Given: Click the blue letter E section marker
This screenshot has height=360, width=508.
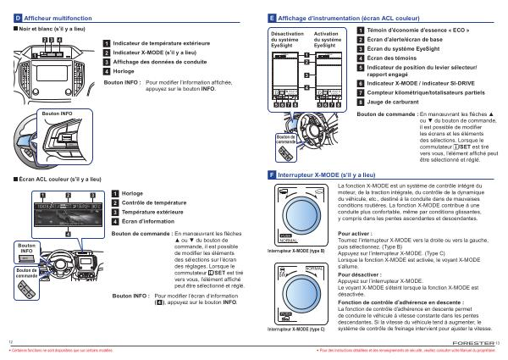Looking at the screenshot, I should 271,17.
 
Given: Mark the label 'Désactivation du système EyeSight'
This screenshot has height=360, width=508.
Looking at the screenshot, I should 286,38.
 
